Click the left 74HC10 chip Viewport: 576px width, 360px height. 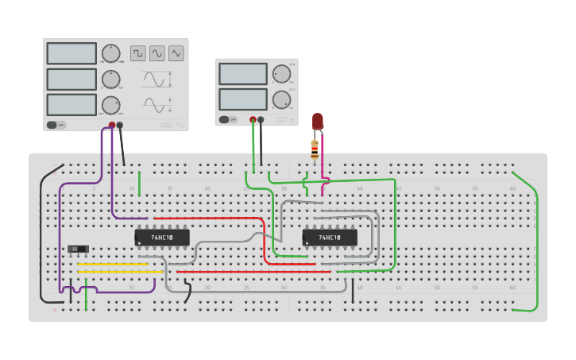coord(162,238)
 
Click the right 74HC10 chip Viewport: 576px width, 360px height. coord(330,238)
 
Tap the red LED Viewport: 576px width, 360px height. coord(318,121)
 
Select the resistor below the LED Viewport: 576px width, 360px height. coord(315,148)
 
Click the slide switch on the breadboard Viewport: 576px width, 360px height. coord(78,250)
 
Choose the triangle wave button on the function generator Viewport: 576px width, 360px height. coord(176,53)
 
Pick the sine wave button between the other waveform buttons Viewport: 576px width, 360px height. coord(157,53)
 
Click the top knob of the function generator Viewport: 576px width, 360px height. coord(110,53)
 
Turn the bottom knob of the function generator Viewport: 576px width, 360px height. coord(110,105)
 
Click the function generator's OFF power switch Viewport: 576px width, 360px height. coord(56,125)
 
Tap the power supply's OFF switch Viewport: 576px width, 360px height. coord(227,119)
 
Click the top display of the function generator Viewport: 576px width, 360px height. coord(72,53)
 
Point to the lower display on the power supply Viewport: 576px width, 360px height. coord(243,99)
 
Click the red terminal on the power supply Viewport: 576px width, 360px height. coord(253,120)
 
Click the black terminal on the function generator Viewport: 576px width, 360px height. coord(120,125)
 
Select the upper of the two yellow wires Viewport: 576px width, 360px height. coord(112,264)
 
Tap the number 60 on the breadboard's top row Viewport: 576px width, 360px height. coord(512,189)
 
